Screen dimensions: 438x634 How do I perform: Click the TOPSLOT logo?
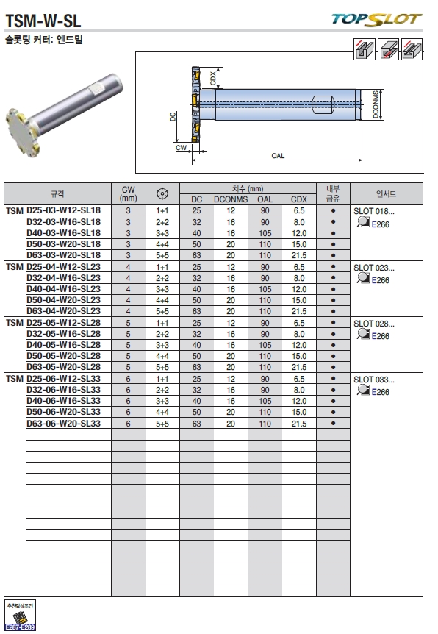tap(376, 19)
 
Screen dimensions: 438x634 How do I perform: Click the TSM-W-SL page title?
tap(43, 21)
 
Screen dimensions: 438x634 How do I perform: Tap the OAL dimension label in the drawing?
tap(278, 156)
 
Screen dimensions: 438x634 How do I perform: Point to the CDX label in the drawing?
tap(213, 78)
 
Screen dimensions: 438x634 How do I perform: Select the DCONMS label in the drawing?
tap(376, 104)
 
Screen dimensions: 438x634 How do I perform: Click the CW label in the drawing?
tap(181, 148)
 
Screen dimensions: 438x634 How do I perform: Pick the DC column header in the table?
tap(197, 199)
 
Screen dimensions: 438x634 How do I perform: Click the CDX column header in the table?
tap(299, 199)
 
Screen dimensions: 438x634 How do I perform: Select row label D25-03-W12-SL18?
tap(63, 210)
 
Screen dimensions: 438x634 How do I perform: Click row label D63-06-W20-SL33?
tap(63, 424)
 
